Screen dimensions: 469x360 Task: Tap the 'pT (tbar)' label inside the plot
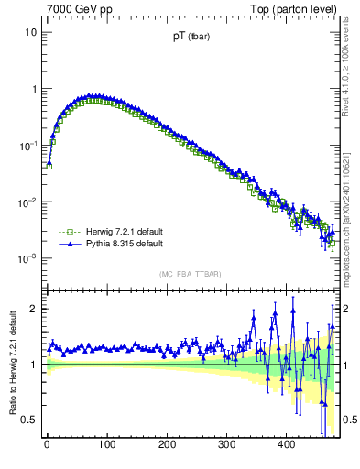click(x=191, y=39)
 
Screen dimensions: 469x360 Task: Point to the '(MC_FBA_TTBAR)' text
click(x=191, y=273)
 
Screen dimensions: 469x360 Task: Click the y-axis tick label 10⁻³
click(x=27, y=259)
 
